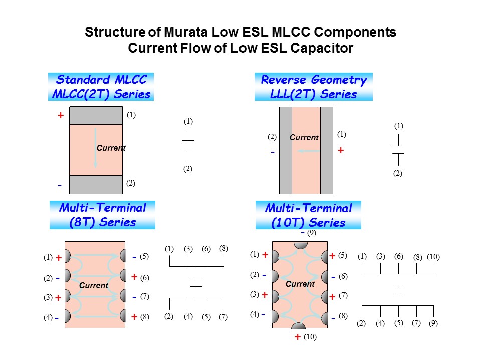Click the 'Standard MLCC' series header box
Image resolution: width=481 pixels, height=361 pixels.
(x=101, y=87)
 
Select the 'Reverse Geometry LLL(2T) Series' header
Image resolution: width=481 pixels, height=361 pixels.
(x=314, y=87)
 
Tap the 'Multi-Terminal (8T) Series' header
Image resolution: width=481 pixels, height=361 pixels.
(x=102, y=215)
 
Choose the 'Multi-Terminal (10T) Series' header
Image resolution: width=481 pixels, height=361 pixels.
(x=308, y=215)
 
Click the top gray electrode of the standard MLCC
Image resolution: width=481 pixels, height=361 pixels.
(x=96, y=116)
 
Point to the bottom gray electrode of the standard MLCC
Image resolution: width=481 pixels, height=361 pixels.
(x=96, y=185)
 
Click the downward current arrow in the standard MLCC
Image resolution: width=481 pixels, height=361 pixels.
(x=95, y=148)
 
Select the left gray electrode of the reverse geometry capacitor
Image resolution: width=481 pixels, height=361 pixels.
(x=286, y=150)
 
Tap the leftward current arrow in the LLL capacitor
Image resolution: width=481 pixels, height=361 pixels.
(x=309, y=151)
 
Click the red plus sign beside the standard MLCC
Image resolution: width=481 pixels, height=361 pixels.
(x=61, y=115)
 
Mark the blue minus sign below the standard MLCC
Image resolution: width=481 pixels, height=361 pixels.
(x=60, y=186)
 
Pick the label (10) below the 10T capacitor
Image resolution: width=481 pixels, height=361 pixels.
(x=310, y=337)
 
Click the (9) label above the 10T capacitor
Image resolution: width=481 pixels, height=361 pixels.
(x=312, y=233)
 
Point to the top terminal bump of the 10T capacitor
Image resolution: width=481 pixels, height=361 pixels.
(x=300, y=245)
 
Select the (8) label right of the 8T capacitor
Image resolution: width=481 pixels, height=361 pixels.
(x=144, y=317)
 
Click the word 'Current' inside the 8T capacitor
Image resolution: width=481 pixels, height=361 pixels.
(x=94, y=285)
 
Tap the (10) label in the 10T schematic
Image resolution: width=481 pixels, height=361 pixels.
(x=433, y=257)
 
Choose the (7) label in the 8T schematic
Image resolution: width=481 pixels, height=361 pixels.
(x=223, y=317)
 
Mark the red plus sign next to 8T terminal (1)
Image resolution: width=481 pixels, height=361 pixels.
(x=59, y=258)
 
